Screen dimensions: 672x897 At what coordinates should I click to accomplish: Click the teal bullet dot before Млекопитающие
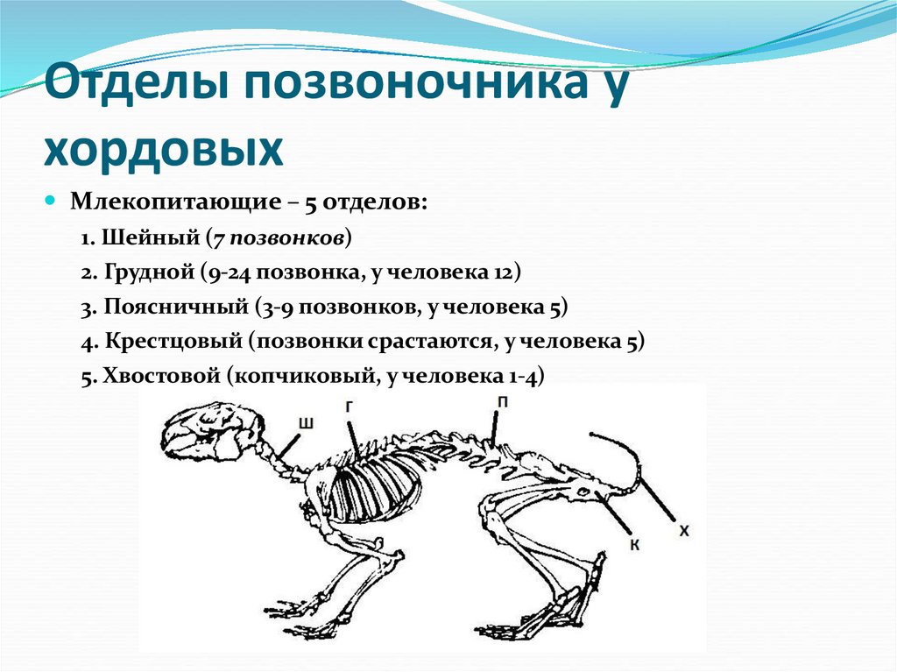51,201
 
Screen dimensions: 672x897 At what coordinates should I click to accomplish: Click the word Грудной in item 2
149,272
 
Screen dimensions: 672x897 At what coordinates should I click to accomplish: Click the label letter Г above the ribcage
349,405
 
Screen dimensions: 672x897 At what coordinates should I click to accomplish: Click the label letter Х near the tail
684,530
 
